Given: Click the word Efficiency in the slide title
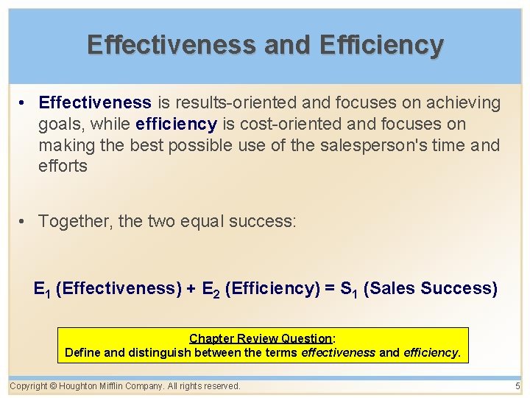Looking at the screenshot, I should click(x=381, y=45).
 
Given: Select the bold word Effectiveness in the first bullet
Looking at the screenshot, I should click(x=95, y=102).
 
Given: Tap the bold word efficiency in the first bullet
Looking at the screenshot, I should click(x=176, y=124).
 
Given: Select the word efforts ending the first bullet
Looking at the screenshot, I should click(x=63, y=167).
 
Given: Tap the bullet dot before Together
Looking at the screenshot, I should click(x=25, y=221).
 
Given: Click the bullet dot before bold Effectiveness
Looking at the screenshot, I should click(x=25, y=102).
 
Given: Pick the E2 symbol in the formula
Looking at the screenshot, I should click(x=211, y=289).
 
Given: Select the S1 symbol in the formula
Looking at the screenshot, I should click(x=349, y=289).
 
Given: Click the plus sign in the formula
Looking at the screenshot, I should click(x=191, y=288).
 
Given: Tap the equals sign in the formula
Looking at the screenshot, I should click(x=328, y=288).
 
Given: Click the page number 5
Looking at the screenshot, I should click(x=517, y=385).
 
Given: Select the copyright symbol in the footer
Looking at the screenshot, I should click(x=54, y=385).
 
